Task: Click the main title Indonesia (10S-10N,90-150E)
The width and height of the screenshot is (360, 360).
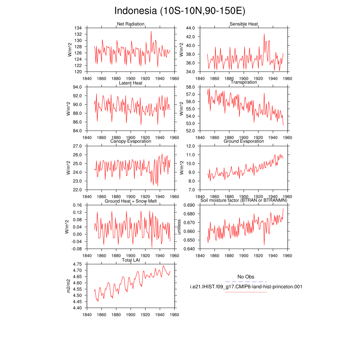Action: (180, 11)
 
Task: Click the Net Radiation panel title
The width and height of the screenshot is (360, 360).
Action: (131, 24)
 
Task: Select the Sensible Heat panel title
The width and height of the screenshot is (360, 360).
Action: (244, 24)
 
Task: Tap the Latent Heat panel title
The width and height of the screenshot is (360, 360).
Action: (131, 83)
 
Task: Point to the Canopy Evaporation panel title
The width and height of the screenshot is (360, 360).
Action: (131, 141)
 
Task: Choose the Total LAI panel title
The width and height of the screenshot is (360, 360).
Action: (131, 260)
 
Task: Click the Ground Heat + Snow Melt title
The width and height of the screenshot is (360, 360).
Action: (131, 201)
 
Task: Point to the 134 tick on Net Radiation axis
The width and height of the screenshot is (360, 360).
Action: (78, 28)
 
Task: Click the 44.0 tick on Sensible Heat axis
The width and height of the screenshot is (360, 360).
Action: (190, 28)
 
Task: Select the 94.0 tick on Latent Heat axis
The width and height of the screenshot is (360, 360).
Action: (77, 87)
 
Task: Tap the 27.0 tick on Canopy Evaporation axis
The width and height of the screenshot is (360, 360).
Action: (77, 146)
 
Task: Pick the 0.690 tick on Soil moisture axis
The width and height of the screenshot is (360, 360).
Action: (189, 205)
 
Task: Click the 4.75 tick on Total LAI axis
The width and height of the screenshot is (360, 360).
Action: (77, 264)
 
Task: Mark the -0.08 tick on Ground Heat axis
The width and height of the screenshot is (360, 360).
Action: (77, 249)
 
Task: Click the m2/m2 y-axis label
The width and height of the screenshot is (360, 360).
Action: (68, 286)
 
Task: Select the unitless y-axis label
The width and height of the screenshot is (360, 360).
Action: (179, 227)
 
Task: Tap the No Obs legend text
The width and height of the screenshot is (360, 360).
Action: (246, 277)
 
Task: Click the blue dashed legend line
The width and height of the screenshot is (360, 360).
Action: (246, 282)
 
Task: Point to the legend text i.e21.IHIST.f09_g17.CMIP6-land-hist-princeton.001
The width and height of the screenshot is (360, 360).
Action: (246, 287)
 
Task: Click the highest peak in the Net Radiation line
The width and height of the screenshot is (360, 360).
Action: (151, 31)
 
